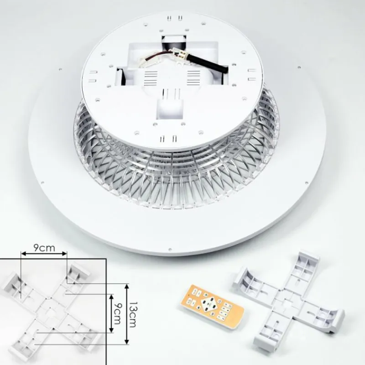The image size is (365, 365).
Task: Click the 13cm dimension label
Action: pyautogui.click(x=133, y=314)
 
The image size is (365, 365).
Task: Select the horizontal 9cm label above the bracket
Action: pyautogui.click(x=44, y=248)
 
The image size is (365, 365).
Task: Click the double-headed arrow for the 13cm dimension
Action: pyautogui.click(x=127, y=314)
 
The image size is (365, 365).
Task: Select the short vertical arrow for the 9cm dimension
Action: pyautogui.click(x=111, y=313)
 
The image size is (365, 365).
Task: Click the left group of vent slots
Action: pyautogui.click(x=149, y=78)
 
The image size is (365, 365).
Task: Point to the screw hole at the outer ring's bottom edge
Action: pyautogui.click(x=170, y=249)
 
